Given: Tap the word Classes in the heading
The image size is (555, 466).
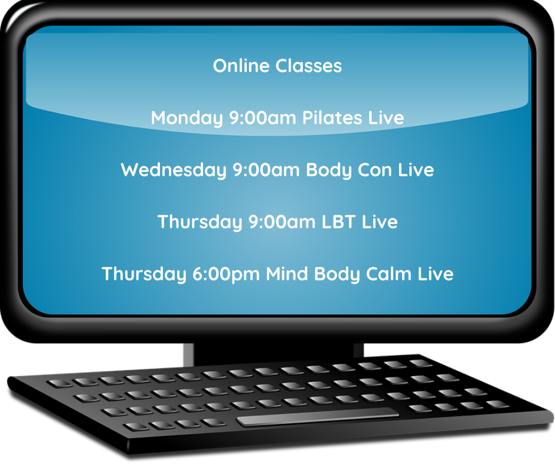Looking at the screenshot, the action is (309, 66).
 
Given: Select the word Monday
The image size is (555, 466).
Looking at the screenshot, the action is (187, 118).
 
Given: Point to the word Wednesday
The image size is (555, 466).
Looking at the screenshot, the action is (174, 170).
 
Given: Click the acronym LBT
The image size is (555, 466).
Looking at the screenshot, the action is (338, 222).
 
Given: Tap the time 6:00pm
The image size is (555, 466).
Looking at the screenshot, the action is (226, 274).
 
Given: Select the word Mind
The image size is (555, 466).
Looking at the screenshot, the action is (287, 274).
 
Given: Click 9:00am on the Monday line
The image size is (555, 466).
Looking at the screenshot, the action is (263, 118).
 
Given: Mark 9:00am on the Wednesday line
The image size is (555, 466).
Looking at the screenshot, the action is (266, 170).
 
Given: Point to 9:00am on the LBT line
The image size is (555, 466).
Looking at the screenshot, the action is (282, 222).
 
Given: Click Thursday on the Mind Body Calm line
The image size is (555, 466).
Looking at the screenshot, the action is (143, 274).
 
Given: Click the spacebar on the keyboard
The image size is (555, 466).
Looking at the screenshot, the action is (317, 416).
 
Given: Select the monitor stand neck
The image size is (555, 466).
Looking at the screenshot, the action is (273, 353).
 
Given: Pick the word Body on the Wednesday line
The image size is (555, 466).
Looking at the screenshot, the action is (329, 170).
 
